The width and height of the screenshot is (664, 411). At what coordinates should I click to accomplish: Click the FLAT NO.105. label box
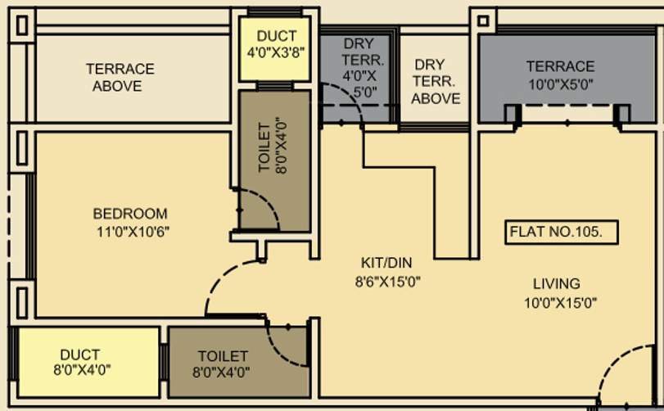pyautogui.click(x=556, y=232)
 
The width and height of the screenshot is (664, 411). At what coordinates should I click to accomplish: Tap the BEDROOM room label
pyautogui.click(x=130, y=215)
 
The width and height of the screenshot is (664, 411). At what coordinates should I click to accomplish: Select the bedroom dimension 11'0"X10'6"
pyautogui.click(x=132, y=231)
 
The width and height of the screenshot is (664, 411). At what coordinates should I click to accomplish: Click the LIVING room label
pyautogui.click(x=556, y=284)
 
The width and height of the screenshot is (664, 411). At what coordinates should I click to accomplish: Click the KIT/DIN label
pyautogui.click(x=386, y=263)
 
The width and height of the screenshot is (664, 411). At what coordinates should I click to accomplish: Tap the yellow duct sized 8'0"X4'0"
pyautogui.click(x=85, y=362)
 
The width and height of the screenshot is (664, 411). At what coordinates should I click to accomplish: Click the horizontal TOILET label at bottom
pyautogui.click(x=223, y=356)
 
